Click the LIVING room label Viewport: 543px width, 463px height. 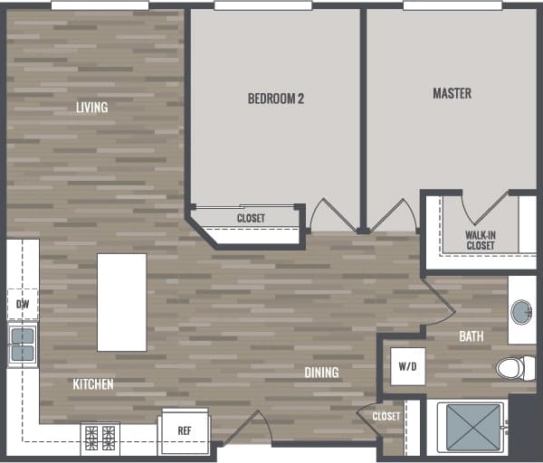tap(91, 108)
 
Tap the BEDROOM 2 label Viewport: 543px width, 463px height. tap(275, 99)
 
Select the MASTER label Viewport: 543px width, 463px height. tap(452, 93)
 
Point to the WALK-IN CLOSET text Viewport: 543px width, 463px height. tap(480, 240)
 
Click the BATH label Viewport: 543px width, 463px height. tap(471, 336)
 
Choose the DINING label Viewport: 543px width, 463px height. tap(321, 373)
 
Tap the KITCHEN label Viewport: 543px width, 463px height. tap(93, 384)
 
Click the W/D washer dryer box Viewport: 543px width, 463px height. tap(407, 367)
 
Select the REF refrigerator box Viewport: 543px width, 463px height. tap(185, 431)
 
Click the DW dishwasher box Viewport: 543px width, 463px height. tap(23, 304)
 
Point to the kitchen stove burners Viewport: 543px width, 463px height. tap(100, 437)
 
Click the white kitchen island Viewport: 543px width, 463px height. tap(121, 302)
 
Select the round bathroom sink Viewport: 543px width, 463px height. tap(522, 313)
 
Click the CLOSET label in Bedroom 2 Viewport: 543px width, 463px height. tap(251, 218)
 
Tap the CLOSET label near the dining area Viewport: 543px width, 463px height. tap(386, 416)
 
